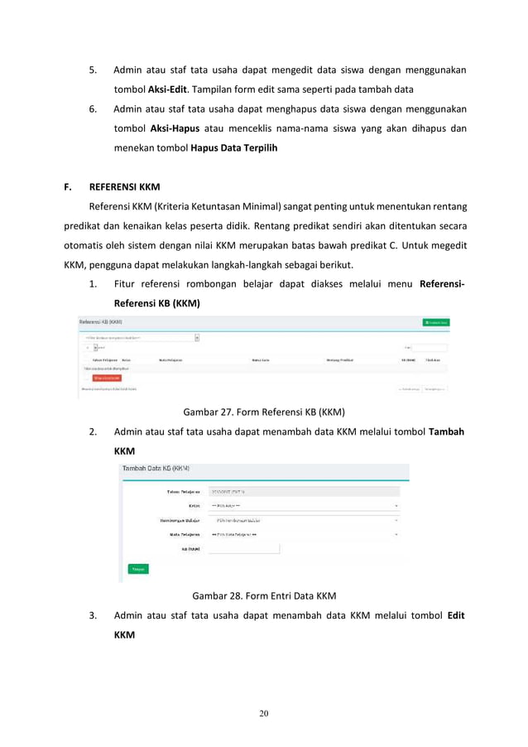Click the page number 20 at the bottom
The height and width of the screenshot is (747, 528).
(x=264, y=713)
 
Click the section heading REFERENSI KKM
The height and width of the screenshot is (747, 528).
(x=124, y=186)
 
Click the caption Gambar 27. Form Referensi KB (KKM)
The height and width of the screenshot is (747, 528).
(x=263, y=411)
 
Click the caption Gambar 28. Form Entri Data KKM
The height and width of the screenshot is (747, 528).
(x=264, y=595)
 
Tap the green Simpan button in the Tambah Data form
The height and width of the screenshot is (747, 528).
(x=138, y=569)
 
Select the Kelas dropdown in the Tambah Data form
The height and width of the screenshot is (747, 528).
(x=303, y=505)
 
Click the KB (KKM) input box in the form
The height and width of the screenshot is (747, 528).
(x=244, y=548)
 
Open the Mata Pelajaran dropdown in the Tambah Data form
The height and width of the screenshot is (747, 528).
(x=303, y=534)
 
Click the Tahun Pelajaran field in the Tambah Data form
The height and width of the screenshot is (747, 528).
(x=303, y=491)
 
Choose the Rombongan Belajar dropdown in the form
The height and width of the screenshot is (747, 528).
(x=303, y=520)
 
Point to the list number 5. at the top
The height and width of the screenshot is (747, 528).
(x=94, y=70)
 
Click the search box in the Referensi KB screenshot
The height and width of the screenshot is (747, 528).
(x=430, y=348)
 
